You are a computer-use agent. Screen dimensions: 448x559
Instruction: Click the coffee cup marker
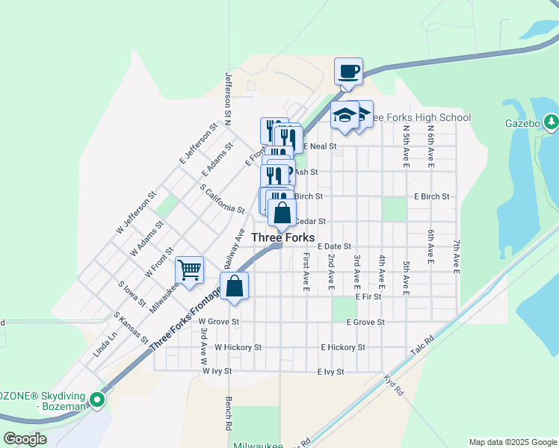tap(348, 72)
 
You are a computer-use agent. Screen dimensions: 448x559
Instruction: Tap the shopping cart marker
tap(190, 270)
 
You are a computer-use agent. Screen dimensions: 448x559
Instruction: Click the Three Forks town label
tap(282, 237)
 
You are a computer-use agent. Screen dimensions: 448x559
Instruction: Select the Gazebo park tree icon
tap(551, 121)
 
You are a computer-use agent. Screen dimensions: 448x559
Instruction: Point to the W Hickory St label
tap(238, 347)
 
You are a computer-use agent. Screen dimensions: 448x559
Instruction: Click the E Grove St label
tap(365, 322)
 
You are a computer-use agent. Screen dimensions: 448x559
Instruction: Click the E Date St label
tap(334, 246)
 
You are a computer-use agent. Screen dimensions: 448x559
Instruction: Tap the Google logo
tap(25, 439)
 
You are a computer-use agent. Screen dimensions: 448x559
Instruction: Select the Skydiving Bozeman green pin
tap(97, 400)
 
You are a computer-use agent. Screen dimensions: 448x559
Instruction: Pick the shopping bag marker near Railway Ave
tap(234, 286)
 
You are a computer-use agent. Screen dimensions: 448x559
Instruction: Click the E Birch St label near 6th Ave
tap(432, 197)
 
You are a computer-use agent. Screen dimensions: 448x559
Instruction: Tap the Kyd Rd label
tap(394, 385)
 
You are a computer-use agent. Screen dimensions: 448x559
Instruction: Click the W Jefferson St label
tap(136, 214)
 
